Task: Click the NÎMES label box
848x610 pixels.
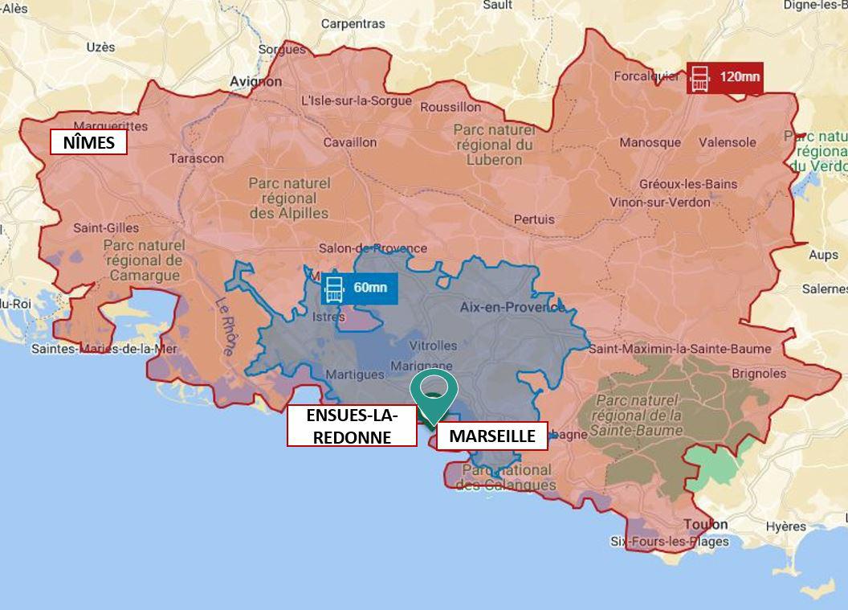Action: pyautogui.click(x=88, y=143)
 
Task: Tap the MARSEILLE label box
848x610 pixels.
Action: pyautogui.click(x=491, y=436)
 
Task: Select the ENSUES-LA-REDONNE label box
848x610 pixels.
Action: pyautogui.click(x=353, y=426)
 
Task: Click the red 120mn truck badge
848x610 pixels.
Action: pyautogui.click(x=724, y=78)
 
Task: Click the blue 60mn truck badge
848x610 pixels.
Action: pyautogui.click(x=359, y=287)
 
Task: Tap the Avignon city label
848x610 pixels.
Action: pyautogui.click(x=255, y=81)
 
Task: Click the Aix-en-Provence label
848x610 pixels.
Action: pyautogui.click(x=512, y=307)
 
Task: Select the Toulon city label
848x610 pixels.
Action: pyautogui.click(x=705, y=524)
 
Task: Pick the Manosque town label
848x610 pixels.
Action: pyautogui.click(x=650, y=142)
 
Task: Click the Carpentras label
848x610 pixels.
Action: pyautogui.click(x=353, y=24)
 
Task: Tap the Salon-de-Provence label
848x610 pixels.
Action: pyautogui.click(x=373, y=248)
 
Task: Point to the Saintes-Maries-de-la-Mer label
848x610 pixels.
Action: pyautogui.click(x=104, y=349)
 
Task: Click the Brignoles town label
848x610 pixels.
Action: pyautogui.click(x=759, y=373)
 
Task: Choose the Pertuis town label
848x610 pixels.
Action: pyautogui.click(x=534, y=219)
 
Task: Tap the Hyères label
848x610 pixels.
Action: pyautogui.click(x=785, y=527)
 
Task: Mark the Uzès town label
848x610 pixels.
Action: pyautogui.click(x=100, y=47)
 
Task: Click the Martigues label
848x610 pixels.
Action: pyautogui.click(x=354, y=375)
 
